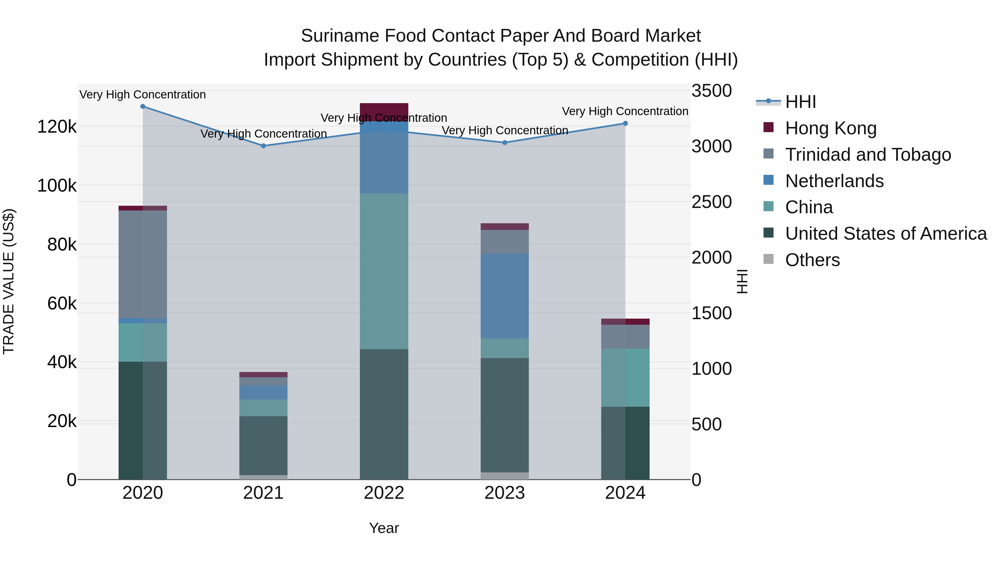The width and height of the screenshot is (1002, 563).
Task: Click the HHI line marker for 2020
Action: tap(143, 106)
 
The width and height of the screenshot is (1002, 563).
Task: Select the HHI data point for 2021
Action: tap(263, 146)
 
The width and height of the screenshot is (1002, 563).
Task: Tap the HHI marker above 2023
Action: tap(505, 143)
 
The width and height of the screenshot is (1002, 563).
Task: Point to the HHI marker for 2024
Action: tap(625, 123)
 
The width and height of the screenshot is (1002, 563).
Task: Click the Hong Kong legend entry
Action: tap(831, 128)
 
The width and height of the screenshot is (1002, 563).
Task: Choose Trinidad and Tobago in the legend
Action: tap(868, 155)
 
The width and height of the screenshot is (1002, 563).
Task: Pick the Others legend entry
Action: tap(812, 260)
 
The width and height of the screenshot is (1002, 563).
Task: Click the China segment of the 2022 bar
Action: tap(384, 271)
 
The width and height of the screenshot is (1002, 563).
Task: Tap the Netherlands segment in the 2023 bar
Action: tap(505, 296)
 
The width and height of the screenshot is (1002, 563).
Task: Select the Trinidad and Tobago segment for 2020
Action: tap(143, 264)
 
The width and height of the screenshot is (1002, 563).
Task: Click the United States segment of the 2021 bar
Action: tap(263, 446)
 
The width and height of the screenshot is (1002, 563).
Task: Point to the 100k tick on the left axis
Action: tap(57, 186)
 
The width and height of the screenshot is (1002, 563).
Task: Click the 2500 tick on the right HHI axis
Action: tap(711, 202)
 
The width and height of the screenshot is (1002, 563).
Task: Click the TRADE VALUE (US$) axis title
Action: tap(9, 281)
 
